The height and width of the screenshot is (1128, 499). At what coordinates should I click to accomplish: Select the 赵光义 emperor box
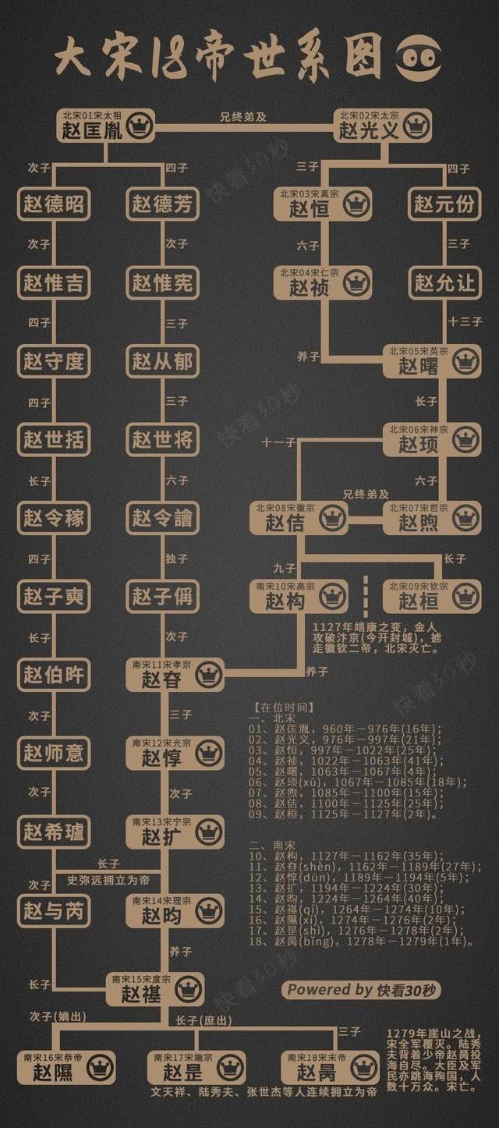point(382,125)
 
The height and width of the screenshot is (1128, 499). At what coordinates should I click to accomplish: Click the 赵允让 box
point(444,282)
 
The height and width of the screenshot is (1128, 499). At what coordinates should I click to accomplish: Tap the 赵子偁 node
point(162,597)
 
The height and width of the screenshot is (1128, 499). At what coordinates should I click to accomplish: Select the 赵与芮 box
point(53,910)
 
